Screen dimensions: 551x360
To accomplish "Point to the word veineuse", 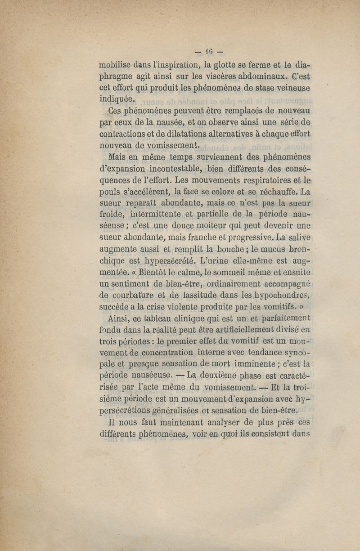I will point(292,87).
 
